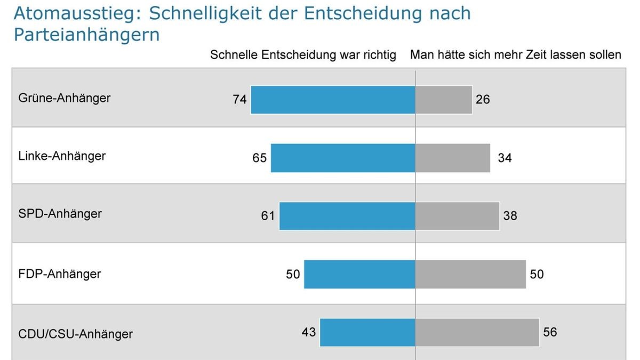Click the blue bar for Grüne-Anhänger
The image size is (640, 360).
click(x=333, y=100)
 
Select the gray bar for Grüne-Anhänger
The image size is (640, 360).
click(x=444, y=100)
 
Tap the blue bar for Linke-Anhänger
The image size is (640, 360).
click(x=343, y=158)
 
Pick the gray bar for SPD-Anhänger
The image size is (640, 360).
click(x=457, y=216)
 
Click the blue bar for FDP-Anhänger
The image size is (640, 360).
click(x=359, y=274)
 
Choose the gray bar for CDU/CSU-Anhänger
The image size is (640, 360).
click(x=477, y=332)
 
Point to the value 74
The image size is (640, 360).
click(x=239, y=100)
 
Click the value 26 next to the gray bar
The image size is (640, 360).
click(x=483, y=100)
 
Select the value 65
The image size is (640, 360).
click(x=260, y=158)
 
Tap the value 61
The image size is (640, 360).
click(x=268, y=216)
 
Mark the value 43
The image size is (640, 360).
click(x=309, y=332)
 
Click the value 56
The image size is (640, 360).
click(x=550, y=332)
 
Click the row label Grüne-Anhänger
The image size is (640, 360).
click(x=65, y=98)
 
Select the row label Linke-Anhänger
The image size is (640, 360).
click(x=62, y=156)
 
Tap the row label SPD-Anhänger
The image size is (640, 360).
click(x=60, y=214)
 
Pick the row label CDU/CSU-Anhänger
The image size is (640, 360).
click(x=75, y=334)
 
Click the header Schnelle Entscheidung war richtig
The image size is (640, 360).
click(x=303, y=55)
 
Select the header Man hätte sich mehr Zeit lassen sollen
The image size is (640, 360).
click(x=515, y=55)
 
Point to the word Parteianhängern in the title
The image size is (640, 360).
click(x=86, y=34)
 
